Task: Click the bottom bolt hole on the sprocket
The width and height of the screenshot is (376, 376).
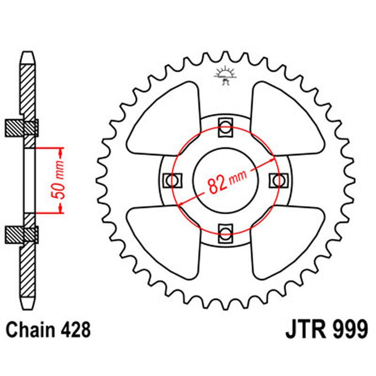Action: point(226,232)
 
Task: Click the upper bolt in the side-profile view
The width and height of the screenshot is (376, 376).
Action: point(23,126)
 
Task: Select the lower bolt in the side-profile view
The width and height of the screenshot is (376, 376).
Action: point(23,234)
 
